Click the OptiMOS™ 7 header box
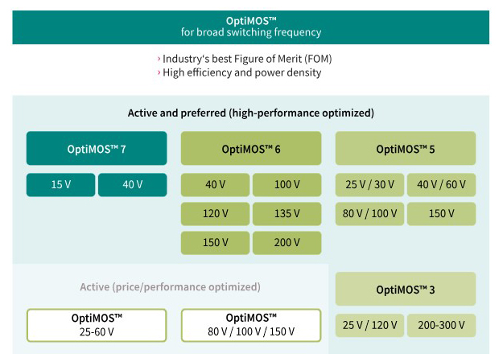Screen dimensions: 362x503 97,149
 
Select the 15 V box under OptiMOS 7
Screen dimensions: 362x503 61,185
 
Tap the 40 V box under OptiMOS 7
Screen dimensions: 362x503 133,185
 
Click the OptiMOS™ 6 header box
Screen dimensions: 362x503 251,149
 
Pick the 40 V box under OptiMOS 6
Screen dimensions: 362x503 216,185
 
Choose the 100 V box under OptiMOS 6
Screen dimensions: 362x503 287,185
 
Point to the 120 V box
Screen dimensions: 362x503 216,214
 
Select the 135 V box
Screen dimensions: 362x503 287,214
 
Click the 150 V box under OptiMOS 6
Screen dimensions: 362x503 216,243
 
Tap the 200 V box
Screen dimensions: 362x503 287,243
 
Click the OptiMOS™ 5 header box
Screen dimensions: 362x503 406,149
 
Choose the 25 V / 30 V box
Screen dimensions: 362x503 370,185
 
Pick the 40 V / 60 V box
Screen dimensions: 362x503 442,185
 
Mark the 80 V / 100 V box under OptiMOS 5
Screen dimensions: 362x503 370,214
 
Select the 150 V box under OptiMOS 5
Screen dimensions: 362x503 442,214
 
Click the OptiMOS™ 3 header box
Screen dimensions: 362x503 406,289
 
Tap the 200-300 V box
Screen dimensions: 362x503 442,326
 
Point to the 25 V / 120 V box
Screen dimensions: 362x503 370,326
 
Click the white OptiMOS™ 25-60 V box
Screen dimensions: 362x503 97,324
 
